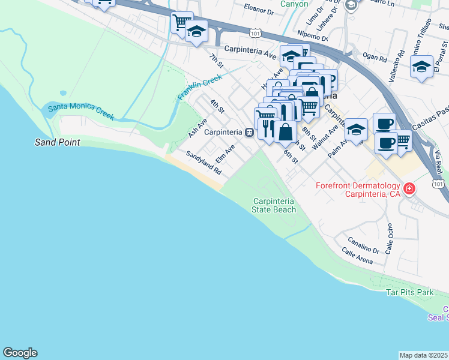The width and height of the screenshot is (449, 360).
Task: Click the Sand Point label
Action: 58,143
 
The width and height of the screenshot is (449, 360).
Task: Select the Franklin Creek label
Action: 200,87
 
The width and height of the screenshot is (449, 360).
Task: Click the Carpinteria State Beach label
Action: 274,205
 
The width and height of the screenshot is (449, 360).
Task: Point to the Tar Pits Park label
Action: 409,292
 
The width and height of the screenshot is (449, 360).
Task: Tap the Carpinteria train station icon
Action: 248,133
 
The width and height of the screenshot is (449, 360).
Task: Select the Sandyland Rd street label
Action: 204,163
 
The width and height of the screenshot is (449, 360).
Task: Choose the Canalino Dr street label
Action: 363,246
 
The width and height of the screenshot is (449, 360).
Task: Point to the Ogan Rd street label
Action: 375,59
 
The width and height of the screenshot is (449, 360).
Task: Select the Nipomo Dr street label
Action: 313,35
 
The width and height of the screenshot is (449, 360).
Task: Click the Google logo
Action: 20,353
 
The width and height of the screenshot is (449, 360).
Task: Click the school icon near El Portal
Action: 421,67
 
